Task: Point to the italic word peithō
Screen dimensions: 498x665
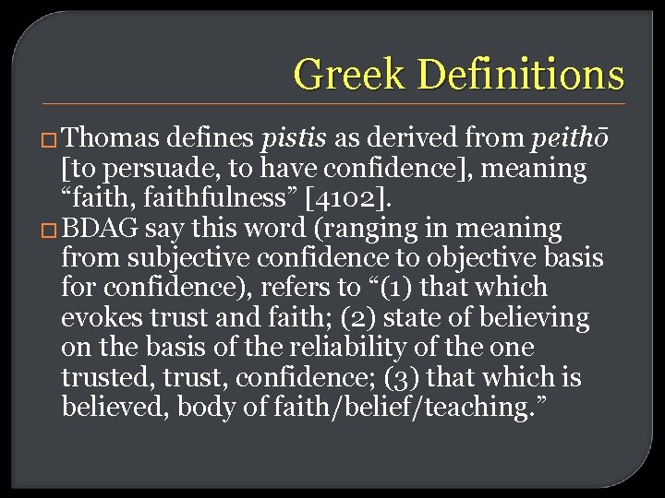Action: click(569, 139)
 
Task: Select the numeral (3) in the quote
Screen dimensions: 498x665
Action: click(417, 378)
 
